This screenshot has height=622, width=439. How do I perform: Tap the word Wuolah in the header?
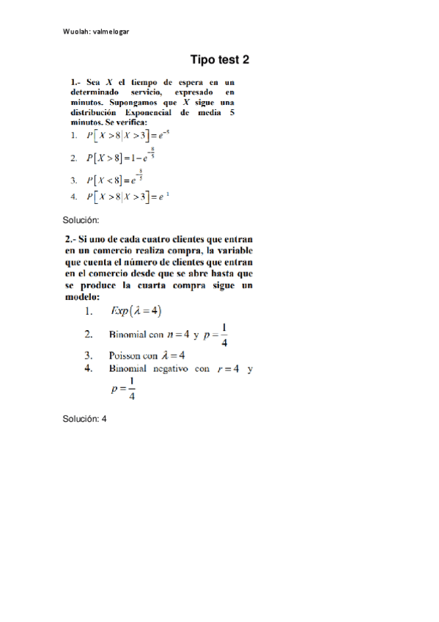[77, 32]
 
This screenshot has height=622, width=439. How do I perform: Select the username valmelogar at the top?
[111, 32]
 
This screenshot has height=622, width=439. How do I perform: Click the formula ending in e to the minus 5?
[129, 136]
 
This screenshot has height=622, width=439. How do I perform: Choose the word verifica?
[130, 124]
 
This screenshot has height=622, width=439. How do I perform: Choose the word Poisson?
[128, 356]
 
